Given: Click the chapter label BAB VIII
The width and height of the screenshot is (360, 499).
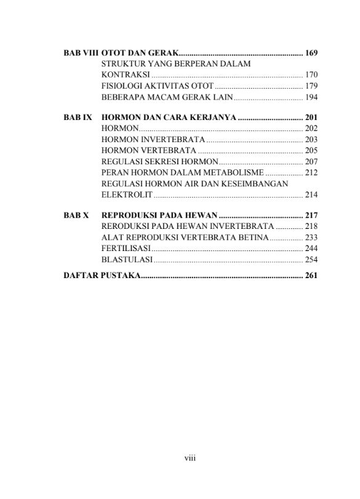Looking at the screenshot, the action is (x=81, y=53).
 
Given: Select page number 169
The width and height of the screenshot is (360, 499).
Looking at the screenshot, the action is (x=311, y=53).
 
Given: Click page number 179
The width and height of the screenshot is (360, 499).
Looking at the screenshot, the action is (x=311, y=86).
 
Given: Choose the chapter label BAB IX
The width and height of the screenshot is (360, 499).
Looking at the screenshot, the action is (x=77, y=117).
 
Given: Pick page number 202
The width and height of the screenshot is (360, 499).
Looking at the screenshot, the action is (x=311, y=128).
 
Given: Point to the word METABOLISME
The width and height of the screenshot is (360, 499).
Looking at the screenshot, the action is (x=237, y=172).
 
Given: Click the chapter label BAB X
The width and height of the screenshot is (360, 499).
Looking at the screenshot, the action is (x=76, y=217).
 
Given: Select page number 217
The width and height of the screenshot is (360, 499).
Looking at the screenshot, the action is (x=311, y=217).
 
